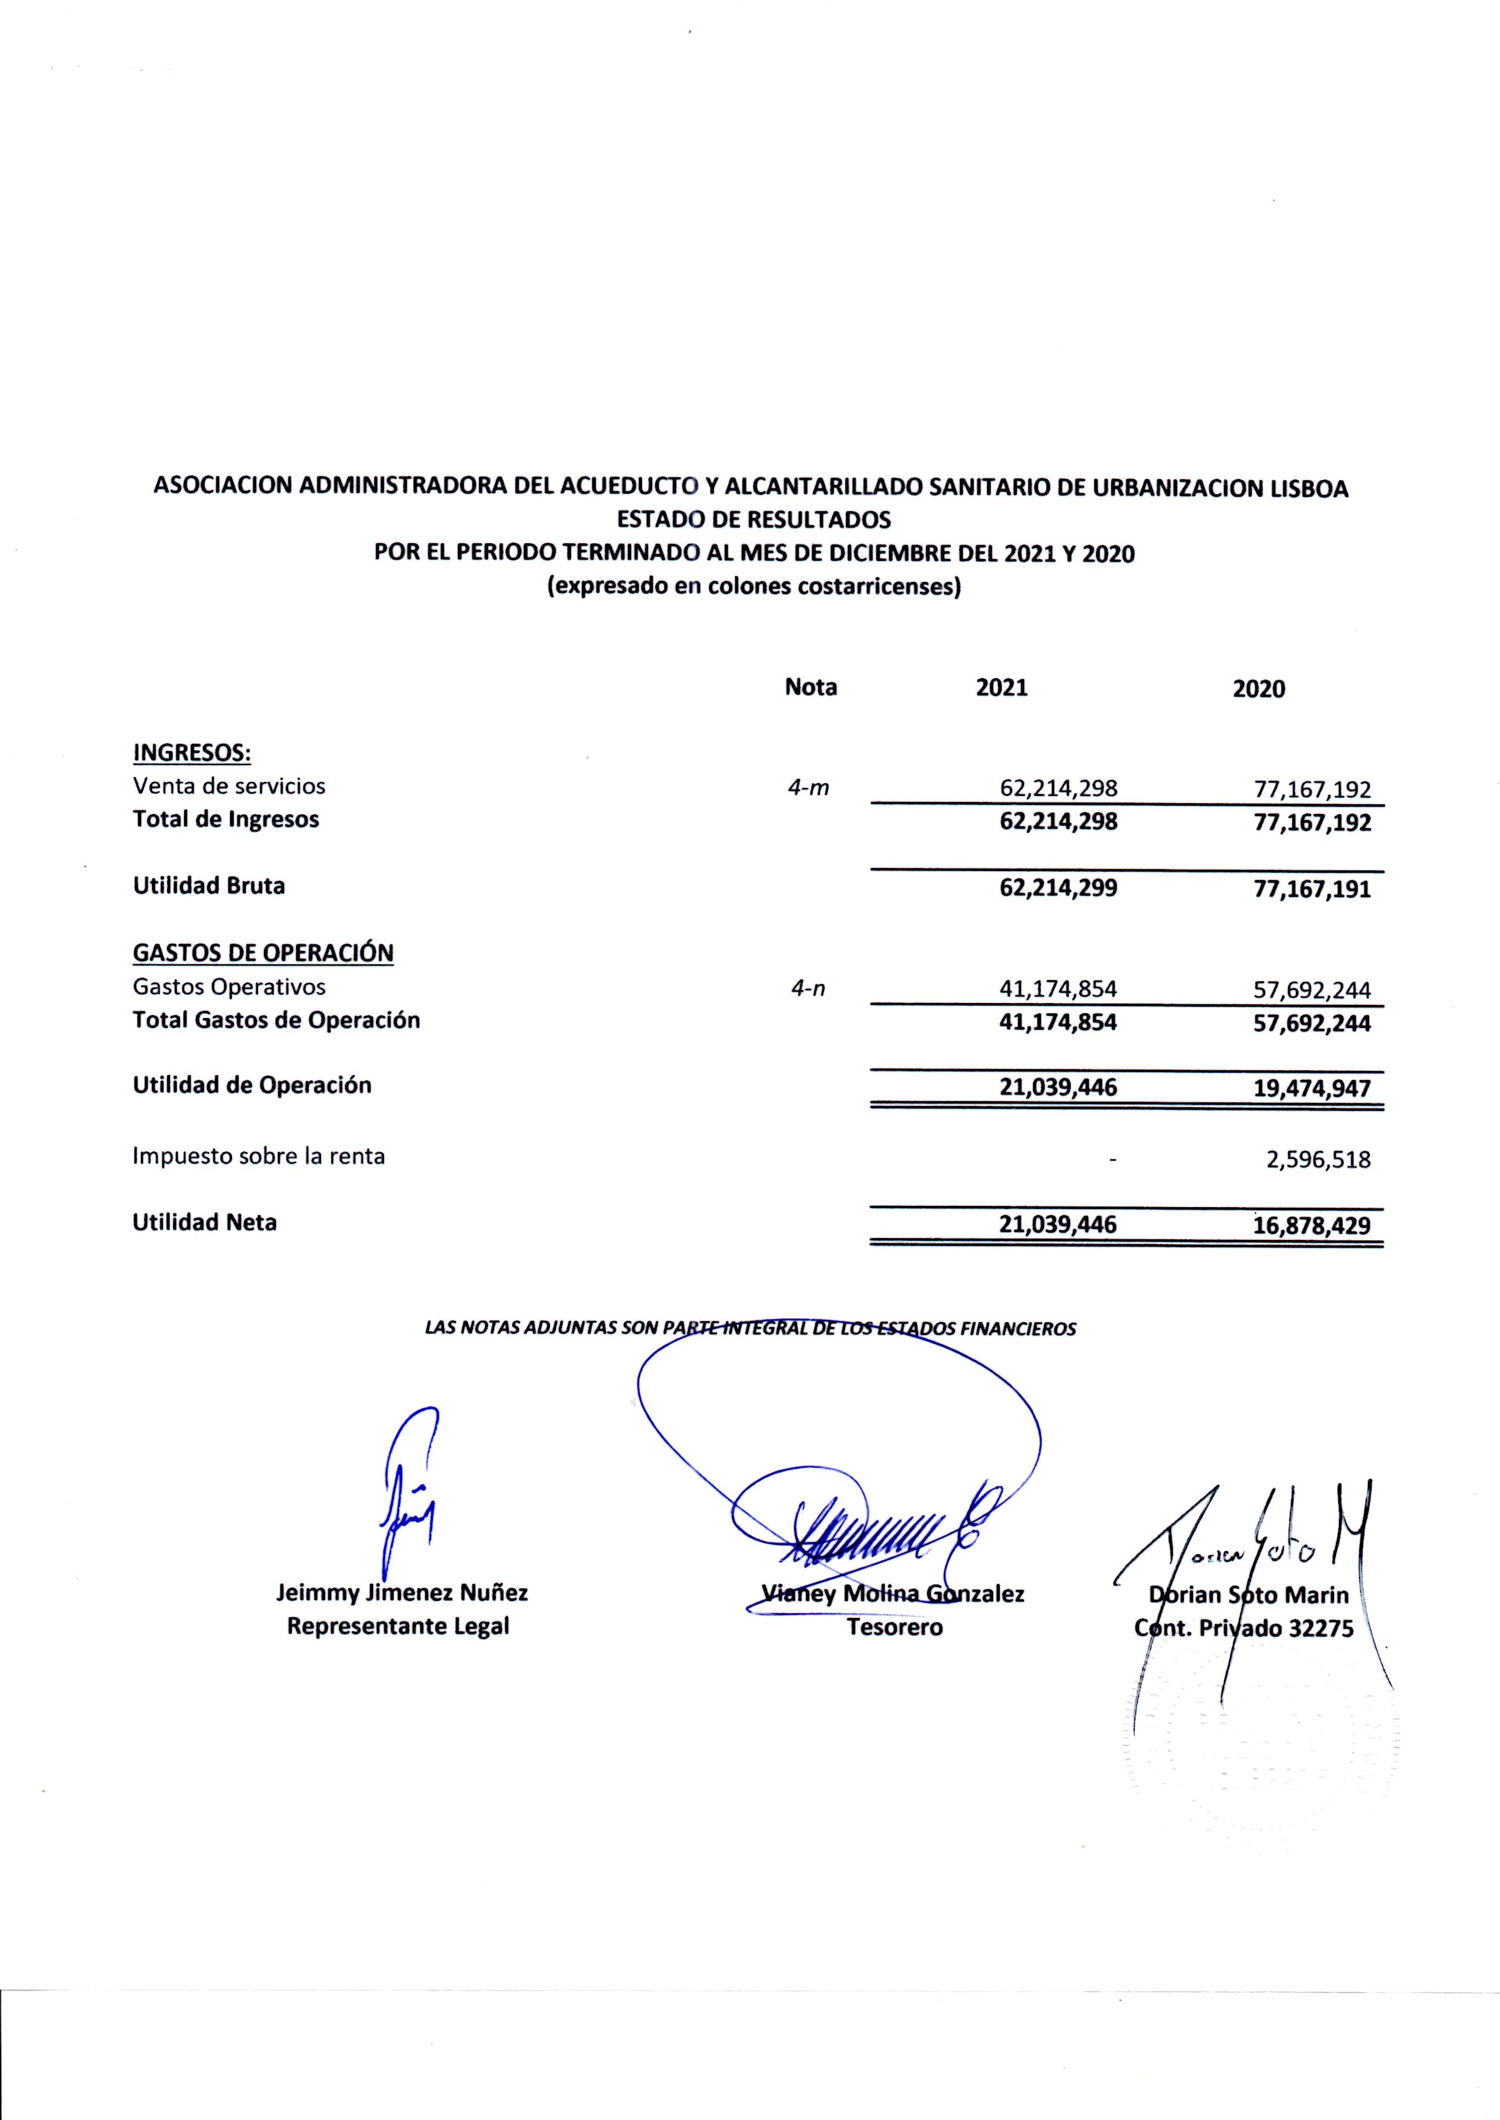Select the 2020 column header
[1259, 689]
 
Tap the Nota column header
[810, 687]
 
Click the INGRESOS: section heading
[192, 753]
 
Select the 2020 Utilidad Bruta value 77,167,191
[1312, 890]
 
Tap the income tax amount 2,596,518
[1318, 1159]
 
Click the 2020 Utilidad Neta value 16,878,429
[1312, 1226]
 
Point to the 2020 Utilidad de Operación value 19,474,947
[1312, 1088]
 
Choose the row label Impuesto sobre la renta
[259, 1156]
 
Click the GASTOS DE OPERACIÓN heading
[263, 953]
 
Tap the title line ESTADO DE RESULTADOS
[754, 520]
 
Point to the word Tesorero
[894, 1627]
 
